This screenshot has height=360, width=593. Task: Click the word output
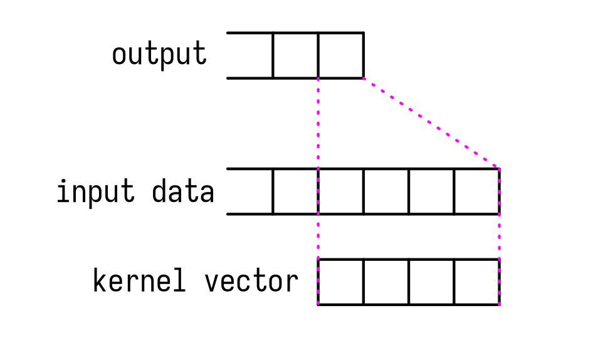(159, 55)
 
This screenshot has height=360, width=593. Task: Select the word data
(183, 191)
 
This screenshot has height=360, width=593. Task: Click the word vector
(251, 282)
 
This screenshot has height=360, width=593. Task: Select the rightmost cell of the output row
(341, 56)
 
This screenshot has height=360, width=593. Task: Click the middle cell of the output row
(295, 56)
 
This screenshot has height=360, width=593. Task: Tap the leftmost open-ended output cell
(250, 56)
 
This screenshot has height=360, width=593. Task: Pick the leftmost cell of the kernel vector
(341, 282)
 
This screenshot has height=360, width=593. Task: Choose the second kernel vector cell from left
(386, 282)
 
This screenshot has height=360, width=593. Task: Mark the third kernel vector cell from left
(431, 282)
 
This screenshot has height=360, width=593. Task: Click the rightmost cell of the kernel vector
(476, 282)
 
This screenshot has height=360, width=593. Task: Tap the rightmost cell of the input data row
(476, 191)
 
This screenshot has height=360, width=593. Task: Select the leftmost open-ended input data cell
(250, 191)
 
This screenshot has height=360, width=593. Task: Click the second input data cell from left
(295, 191)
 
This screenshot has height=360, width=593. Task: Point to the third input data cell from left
(341, 191)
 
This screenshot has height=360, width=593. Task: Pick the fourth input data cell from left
(386, 191)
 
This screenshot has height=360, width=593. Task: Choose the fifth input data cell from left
(431, 191)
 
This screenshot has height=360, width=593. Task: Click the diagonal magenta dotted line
(431, 123)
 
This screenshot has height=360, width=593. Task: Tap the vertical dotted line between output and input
(318, 123)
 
